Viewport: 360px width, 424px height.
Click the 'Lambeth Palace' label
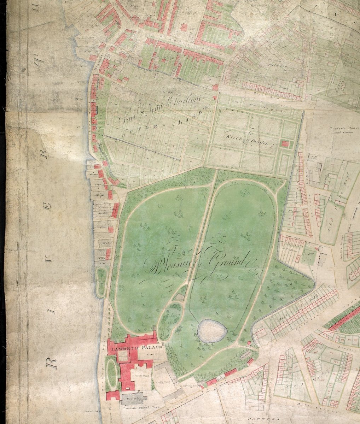[136, 349]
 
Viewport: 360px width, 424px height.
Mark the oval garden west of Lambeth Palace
[112, 373]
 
